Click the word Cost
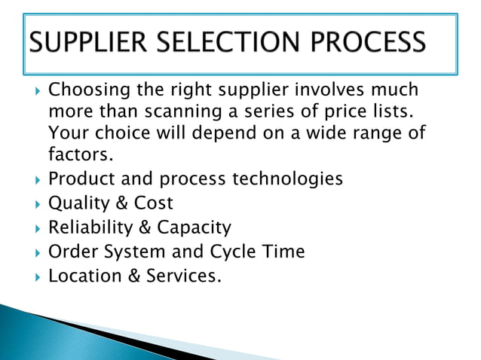click(x=153, y=203)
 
